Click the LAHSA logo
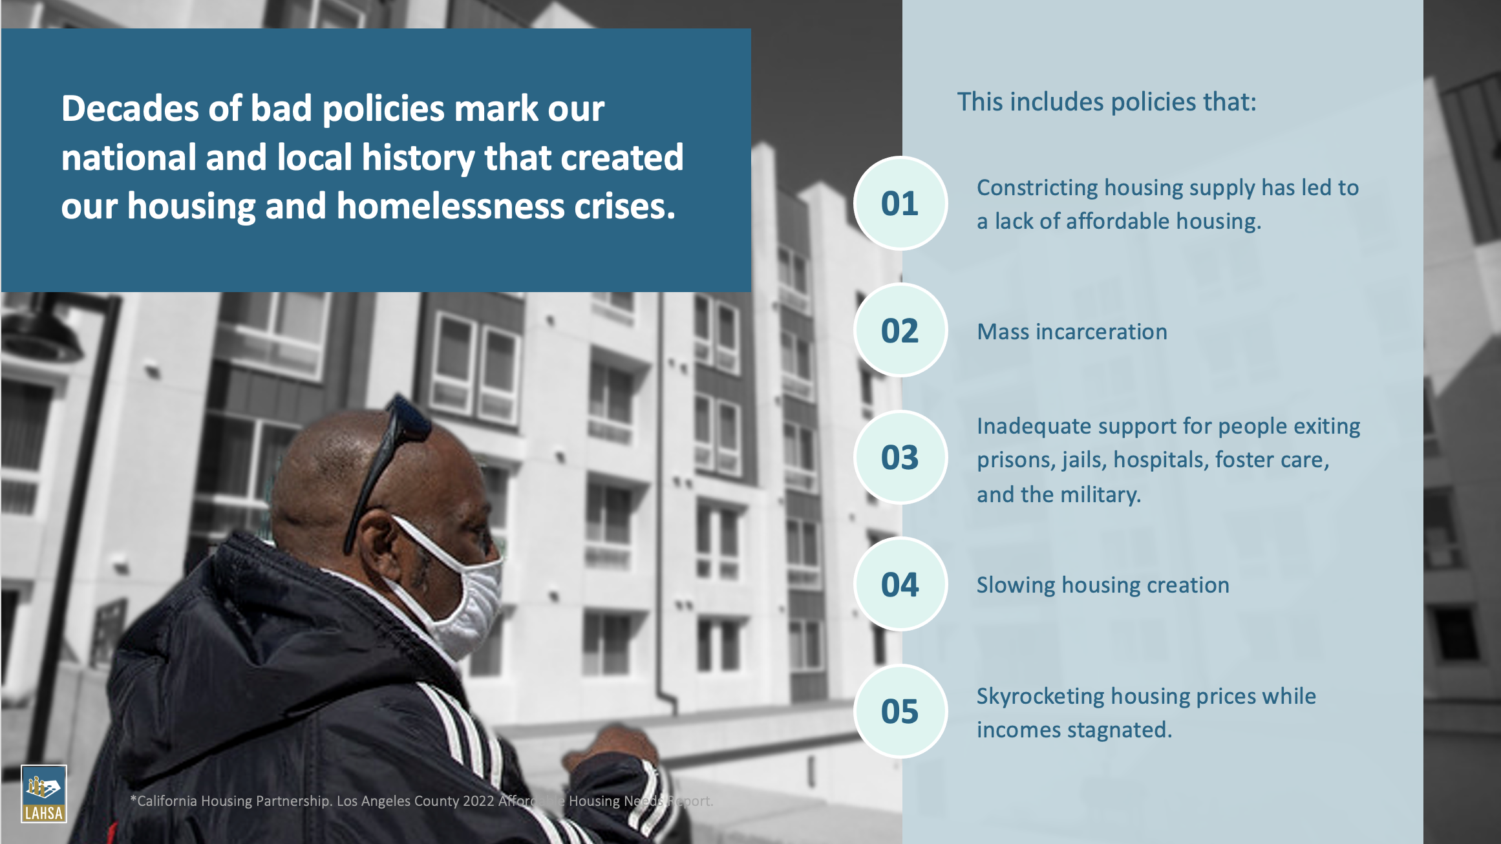(44, 794)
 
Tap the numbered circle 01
(900, 204)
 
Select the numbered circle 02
(900, 330)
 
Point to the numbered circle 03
(900, 458)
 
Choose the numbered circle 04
(900, 584)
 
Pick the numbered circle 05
(900, 711)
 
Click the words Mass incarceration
(1072, 332)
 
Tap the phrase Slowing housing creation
(1103, 585)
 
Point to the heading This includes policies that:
(1107, 102)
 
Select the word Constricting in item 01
(1038, 188)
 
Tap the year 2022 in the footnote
(478, 801)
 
